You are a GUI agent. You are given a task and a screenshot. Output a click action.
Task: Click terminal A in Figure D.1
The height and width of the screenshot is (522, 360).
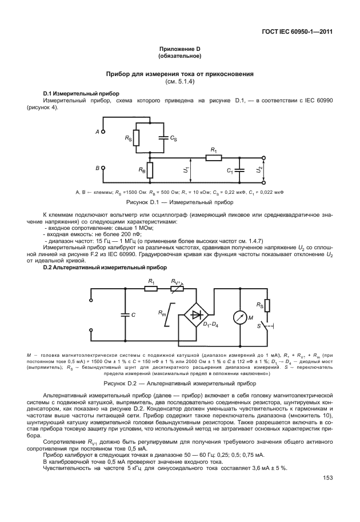[x=103, y=132]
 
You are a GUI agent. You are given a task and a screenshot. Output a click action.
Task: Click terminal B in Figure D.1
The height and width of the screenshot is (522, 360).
[x=103, y=168]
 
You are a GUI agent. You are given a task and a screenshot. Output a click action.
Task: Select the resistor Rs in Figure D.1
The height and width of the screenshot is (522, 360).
[x=137, y=138]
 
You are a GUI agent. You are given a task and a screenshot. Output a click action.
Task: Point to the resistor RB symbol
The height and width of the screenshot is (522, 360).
[x=149, y=169]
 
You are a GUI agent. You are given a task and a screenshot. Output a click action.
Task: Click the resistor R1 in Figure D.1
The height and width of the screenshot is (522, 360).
[x=214, y=157]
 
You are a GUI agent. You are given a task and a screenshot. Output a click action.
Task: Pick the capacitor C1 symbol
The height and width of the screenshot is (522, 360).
[x=241, y=170]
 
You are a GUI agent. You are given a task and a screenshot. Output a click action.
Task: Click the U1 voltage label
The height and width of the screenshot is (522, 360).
[x=186, y=170]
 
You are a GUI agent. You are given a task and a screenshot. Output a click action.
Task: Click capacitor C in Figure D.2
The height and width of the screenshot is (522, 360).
[x=123, y=314]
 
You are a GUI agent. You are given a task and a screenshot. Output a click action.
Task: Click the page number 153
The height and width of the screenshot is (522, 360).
[x=327, y=477]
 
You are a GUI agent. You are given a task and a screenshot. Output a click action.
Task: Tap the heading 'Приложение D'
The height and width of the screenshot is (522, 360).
[x=179, y=50]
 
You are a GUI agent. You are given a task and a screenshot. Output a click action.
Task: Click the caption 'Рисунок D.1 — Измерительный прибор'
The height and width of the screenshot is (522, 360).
[x=179, y=202]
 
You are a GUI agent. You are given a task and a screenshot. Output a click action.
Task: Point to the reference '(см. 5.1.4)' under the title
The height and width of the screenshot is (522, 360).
[x=179, y=81]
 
